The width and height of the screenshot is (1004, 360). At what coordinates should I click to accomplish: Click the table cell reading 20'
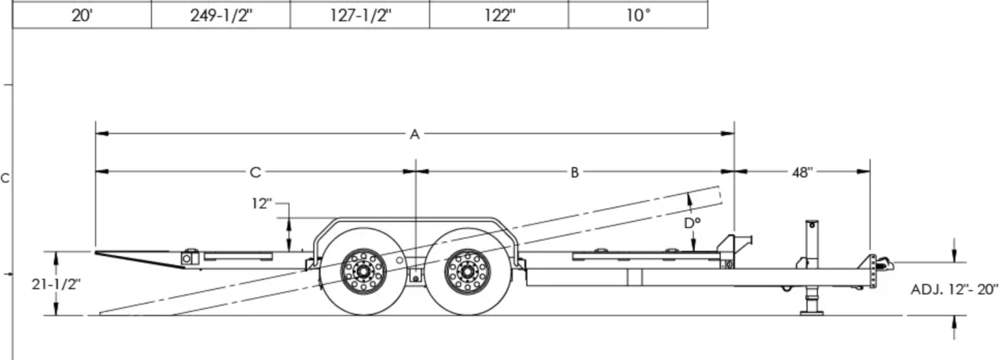82,15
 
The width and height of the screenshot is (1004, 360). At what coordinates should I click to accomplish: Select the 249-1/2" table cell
221,15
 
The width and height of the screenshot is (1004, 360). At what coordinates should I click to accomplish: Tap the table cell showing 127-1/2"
360,15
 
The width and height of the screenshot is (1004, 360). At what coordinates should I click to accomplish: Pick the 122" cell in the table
499,15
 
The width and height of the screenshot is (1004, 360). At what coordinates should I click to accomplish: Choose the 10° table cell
638,15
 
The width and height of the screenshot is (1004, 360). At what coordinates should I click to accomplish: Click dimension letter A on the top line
415,134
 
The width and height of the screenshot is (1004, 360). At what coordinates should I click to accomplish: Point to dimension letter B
574,172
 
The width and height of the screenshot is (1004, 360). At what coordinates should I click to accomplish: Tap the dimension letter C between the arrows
255,172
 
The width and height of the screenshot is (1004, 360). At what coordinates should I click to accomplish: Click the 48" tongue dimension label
802,172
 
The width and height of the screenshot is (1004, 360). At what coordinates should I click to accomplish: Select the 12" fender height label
261,204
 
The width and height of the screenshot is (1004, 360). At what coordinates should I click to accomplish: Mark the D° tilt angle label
693,223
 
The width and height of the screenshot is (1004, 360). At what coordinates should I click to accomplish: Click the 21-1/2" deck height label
56,284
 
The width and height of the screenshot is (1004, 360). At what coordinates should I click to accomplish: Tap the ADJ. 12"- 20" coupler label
955,289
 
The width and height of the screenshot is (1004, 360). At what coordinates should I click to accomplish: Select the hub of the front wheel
467,271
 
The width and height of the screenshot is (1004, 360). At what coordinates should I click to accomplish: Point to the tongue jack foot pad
812,313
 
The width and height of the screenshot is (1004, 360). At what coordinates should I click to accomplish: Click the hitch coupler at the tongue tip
884,264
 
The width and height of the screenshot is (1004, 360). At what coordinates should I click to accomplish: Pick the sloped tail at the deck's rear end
140,259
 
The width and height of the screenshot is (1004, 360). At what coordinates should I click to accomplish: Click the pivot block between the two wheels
415,277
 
